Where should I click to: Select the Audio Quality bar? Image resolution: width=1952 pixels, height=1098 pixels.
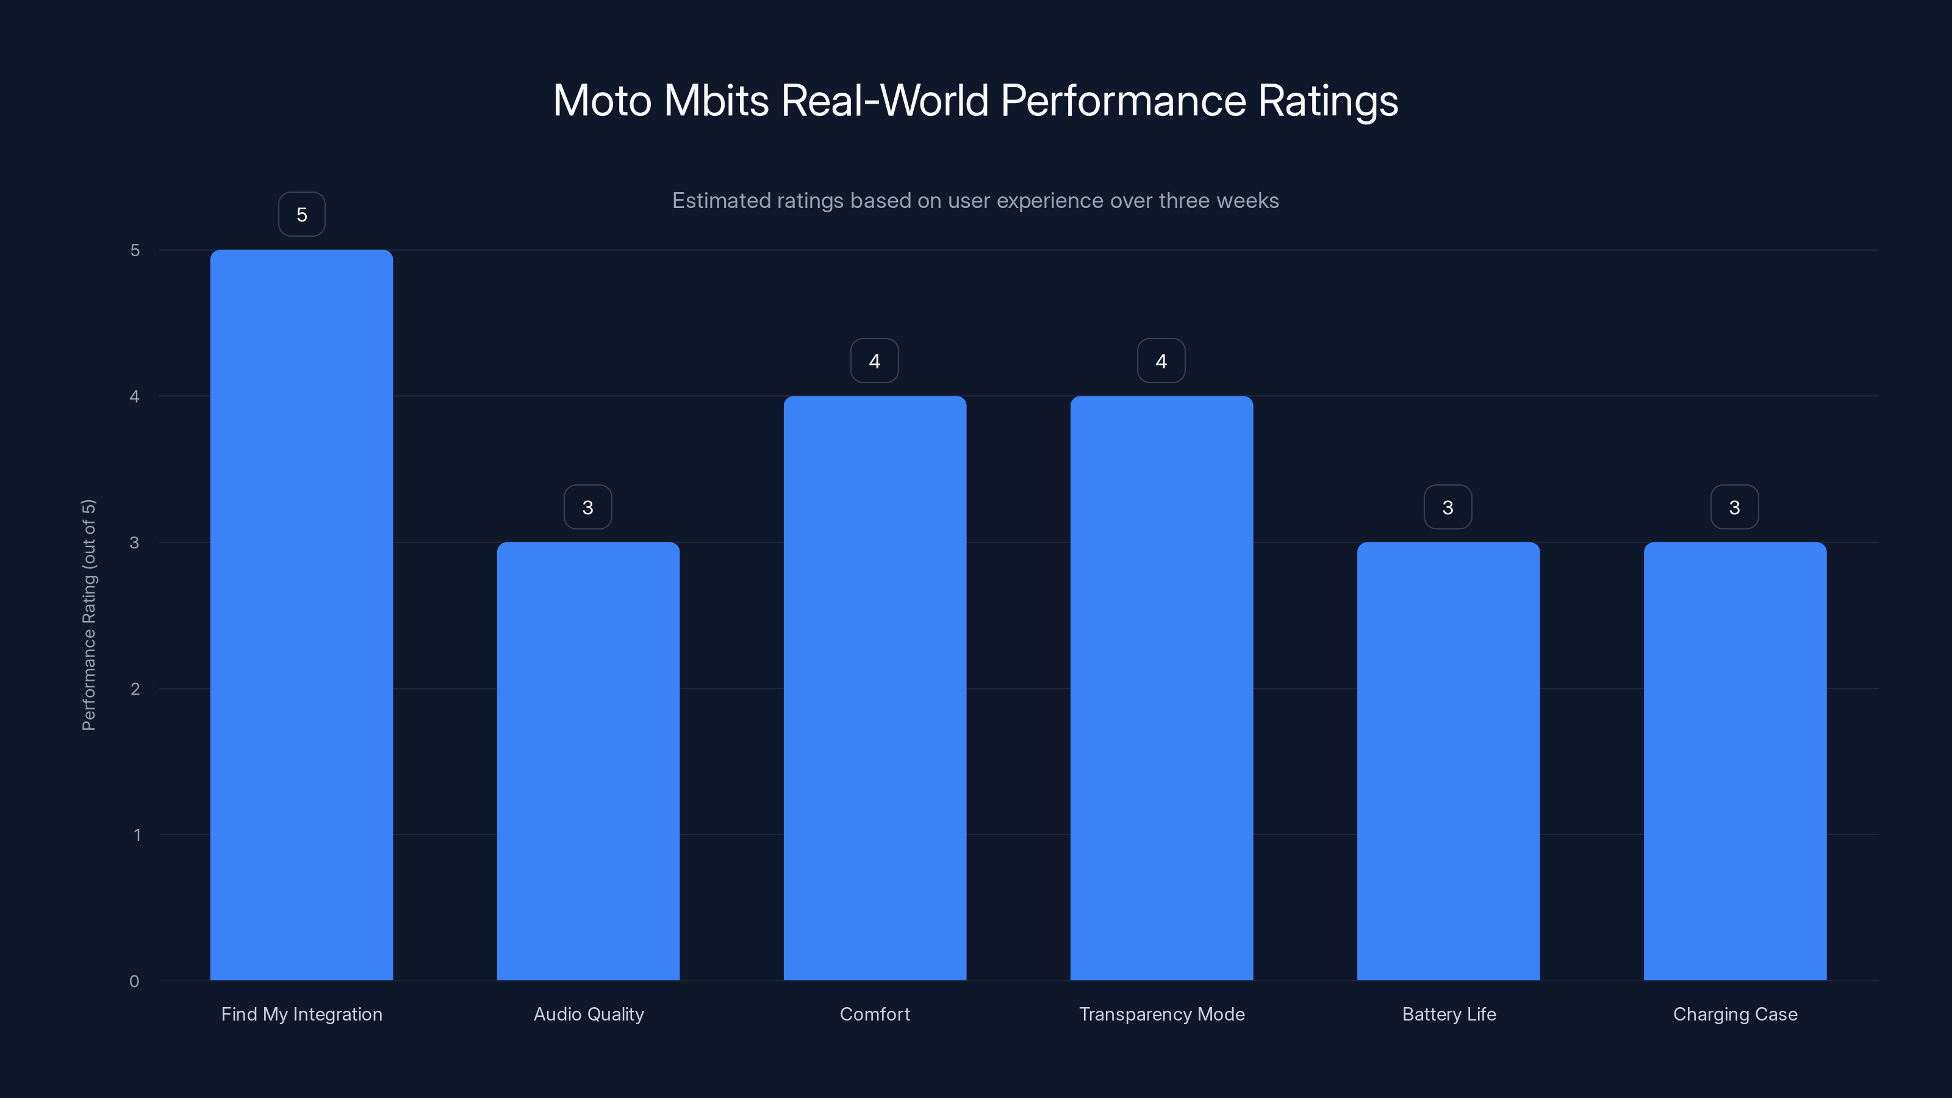588,761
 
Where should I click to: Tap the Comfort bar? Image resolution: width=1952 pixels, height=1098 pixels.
875,687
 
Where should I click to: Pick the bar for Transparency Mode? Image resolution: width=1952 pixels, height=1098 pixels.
1161,687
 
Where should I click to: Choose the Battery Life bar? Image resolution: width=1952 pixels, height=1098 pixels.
1448,761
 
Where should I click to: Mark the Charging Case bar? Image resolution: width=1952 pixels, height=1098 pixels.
1734,761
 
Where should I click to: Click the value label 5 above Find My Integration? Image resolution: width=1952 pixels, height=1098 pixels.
301,215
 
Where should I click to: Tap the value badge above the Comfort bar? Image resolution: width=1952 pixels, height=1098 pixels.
875,361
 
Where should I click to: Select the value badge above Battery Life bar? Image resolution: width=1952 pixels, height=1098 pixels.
1448,507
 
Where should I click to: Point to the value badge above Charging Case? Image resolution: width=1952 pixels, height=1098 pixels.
1734,507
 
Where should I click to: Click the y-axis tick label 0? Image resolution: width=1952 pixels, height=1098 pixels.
134,981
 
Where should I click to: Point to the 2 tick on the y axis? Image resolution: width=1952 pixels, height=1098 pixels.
135,689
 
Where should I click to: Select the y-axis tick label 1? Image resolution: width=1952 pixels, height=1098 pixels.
137,835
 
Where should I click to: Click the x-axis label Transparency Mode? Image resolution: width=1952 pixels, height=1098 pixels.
1161,1014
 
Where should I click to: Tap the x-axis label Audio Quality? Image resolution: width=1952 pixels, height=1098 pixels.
588,1014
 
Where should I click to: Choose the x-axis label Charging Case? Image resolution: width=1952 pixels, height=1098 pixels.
1734,1014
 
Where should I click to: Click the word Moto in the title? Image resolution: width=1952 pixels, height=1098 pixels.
603,101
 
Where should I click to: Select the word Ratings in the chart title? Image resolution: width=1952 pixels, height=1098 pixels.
1327,101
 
